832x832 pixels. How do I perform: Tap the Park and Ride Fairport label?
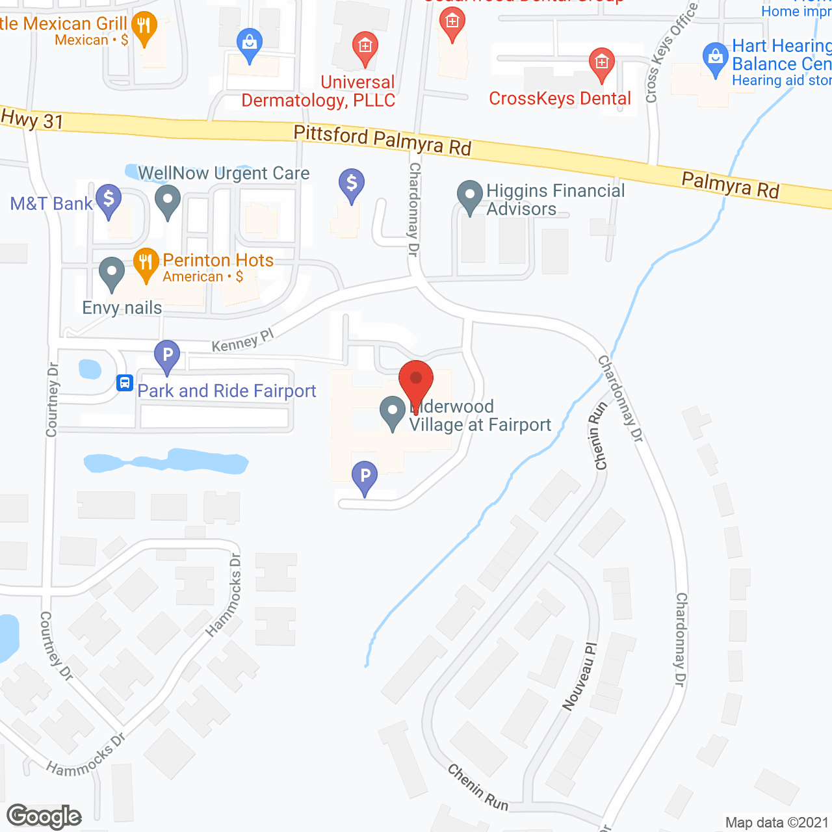coord(226,391)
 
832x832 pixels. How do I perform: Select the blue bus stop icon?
coord(125,383)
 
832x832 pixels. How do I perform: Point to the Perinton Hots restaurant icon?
coord(146,263)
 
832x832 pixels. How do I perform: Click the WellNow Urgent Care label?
coord(224,174)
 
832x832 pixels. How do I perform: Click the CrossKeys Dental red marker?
coord(602,64)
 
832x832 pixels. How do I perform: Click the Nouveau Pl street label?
coord(579,676)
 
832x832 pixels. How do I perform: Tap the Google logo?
coord(44,816)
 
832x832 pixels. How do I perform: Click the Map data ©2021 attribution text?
coord(777,823)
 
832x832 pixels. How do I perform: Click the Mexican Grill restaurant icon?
coord(144,27)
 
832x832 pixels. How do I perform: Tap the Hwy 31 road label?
coord(32,120)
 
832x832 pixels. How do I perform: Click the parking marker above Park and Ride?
coord(167,356)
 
